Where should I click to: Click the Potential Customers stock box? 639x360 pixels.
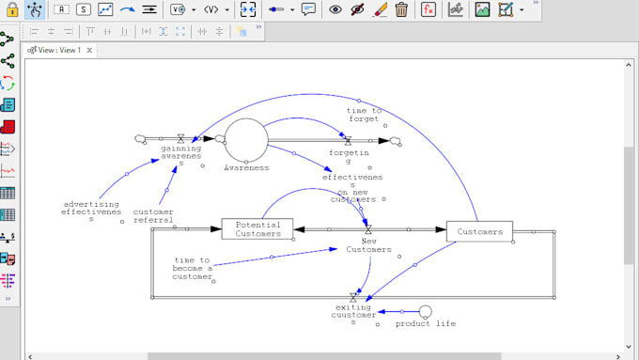(x=257, y=228)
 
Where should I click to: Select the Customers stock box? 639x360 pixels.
(x=479, y=231)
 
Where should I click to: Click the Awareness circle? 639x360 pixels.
(x=246, y=140)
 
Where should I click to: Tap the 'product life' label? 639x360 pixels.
(x=425, y=323)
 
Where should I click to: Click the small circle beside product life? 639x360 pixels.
(x=425, y=310)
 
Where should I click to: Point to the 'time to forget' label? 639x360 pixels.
(x=363, y=115)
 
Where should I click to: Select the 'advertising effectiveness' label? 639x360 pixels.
(x=91, y=211)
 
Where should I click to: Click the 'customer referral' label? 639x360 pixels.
(x=152, y=216)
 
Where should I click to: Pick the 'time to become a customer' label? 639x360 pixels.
(x=194, y=268)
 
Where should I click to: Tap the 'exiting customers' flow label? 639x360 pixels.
(x=353, y=314)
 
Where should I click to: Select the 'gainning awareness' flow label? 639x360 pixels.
(x=180, y=155)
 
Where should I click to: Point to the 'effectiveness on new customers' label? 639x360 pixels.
(x=352, y=187)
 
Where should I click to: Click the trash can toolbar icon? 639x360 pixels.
(x=401, y=10)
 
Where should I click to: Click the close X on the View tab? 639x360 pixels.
(x=90, y=50)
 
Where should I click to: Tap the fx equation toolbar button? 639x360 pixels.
(x=428, y=10)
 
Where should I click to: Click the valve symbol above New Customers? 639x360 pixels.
(x=367, y=229)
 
